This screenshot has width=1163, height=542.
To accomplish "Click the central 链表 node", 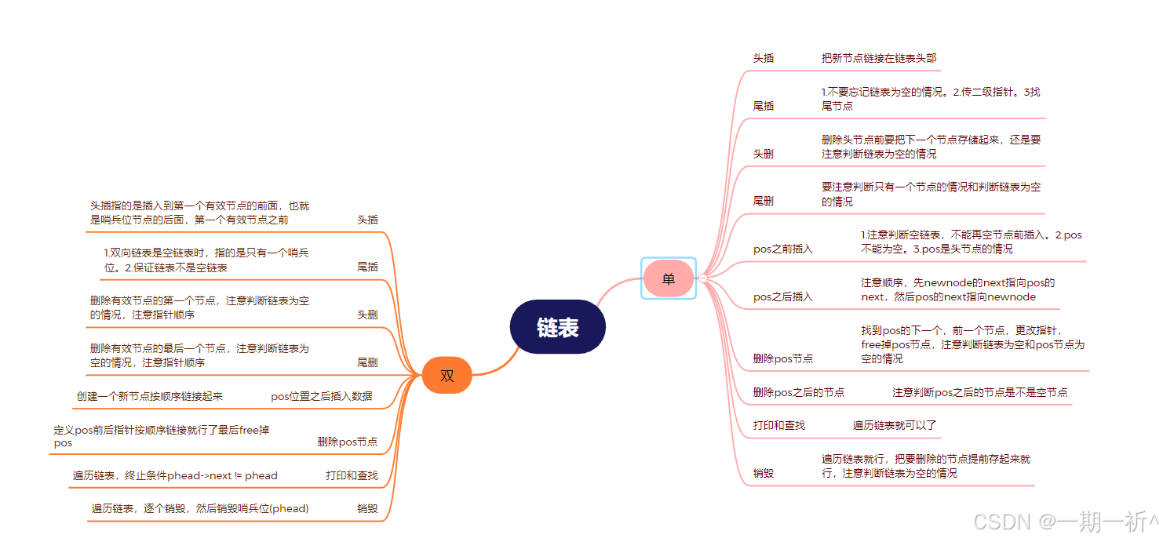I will tap(557, 327).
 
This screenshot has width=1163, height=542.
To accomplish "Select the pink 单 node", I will tap(668, 278).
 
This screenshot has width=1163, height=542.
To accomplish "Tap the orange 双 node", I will tap(447, 375).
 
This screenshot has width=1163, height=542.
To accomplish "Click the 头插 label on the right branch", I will tap(764, 58).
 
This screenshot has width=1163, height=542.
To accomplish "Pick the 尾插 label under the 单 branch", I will tap(764, 106).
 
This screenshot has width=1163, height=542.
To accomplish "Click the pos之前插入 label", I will tap(783, 249).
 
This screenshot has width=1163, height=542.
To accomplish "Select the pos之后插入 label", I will tap(783, 296).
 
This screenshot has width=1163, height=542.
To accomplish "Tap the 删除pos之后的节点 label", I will tap(798, 392).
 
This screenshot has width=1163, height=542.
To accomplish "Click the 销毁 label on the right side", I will tap(764, 473).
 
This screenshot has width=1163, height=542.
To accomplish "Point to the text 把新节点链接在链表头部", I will tap(879, 58).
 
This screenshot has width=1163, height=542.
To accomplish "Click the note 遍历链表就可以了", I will tap(895, 425).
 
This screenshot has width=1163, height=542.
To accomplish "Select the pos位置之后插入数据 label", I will tap(322, 396).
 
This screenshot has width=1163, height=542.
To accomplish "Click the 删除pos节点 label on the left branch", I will tap(348, 442).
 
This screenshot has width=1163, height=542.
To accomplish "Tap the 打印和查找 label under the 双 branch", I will tap(352, 475).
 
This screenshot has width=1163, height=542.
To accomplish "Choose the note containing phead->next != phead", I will tap(175, 475).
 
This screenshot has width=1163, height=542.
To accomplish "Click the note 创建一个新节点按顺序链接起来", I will tap(150, 396).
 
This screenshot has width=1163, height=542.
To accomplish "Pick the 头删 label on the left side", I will tap(367, 315).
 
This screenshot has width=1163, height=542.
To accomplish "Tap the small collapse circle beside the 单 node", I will tap(702, 278).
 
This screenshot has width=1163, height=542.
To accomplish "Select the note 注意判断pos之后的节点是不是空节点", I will tap(979, 392).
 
